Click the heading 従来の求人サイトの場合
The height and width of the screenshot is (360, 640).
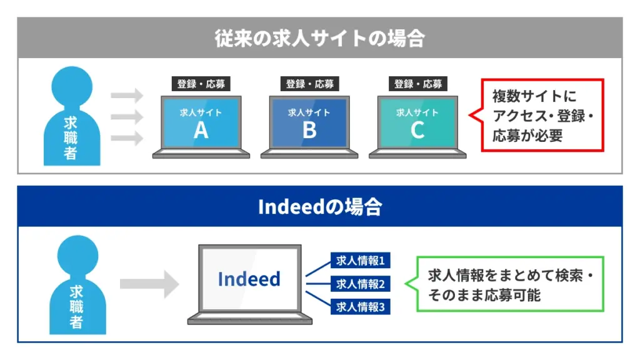(x=320, y=38)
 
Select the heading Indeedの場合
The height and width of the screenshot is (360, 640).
(x=320, y=206)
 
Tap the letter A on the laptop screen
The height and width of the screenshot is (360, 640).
(x=201, y=131)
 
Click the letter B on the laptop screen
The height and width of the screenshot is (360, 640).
(x=309, y=131)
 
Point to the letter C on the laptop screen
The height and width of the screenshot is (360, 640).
(x=417, y=131)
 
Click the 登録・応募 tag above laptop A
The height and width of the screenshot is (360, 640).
(x=201, y=84)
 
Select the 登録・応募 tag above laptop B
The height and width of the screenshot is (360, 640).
(x=310, y=84)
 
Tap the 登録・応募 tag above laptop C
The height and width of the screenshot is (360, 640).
(x=418, y=84)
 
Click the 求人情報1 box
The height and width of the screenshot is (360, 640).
(x=361, y=261)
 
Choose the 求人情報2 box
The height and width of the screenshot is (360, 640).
(x=361, y=284)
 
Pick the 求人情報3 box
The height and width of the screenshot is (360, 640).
(x=361, y=306)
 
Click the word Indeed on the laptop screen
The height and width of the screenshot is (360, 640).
(x=249, y=279)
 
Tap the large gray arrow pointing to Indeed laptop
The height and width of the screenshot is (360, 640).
(x=149, y=284)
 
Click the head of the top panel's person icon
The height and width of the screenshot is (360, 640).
(x=72, y=86)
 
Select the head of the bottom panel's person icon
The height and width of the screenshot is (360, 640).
(x=77, y=256)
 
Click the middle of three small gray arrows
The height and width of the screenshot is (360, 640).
(x=127, y=117)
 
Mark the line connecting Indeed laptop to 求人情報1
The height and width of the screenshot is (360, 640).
(x=318, y=269)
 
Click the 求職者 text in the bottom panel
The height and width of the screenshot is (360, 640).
(x=76, y=307)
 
